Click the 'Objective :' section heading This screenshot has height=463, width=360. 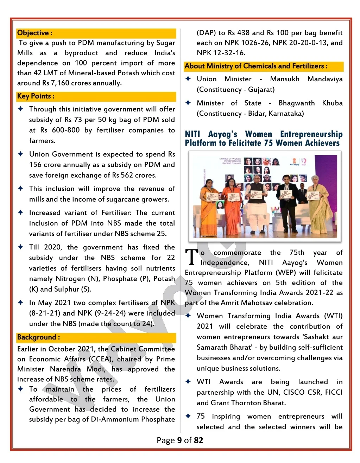click(x=35, y=33)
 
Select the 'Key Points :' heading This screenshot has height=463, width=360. click(x=36, y=96)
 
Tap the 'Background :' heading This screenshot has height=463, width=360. click(x=38, y=337)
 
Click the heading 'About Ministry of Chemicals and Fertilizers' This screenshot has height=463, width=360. click(x=256, y=66)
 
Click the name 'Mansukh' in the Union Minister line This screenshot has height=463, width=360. click(x=284, y=79)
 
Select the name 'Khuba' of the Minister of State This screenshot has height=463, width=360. click(x=332, y=103)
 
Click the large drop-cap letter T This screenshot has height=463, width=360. click(x=191, y=257)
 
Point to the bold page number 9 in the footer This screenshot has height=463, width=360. click(x=179, y=440)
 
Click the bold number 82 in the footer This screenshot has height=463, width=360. click(x=198, y=440)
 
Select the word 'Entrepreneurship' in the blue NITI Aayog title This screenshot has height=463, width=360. click(x=311, y=134)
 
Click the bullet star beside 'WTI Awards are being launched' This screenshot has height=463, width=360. click(x=188, y=382)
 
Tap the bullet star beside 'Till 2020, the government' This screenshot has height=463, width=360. click(x=21, y=247)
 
